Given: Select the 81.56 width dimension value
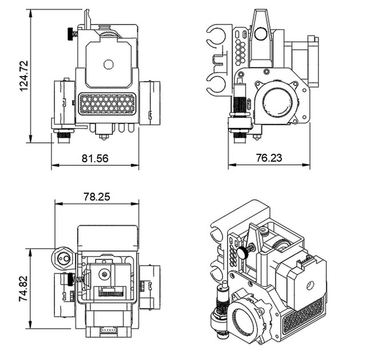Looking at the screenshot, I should pyautogui.click(x=95, y=158).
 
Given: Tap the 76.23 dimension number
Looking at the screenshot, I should pyautogui.click(x=268, y=158).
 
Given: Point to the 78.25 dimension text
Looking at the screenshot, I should pyautogui.click(x=97, y=196).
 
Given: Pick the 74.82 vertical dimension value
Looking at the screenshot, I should pyautogui.click(x=23, y=289).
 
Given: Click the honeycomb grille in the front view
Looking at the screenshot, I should pyautogui.click(x=106, y=104).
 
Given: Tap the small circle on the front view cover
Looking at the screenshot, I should pyautogui.click(x=107, y=65).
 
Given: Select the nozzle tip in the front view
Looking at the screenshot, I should pyautogui.click(x=104, y=137).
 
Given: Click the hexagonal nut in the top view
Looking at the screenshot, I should pyautogui.click(x=62, y=258).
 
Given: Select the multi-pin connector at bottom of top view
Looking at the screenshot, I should pyautogui.click(x=107, y=331).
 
